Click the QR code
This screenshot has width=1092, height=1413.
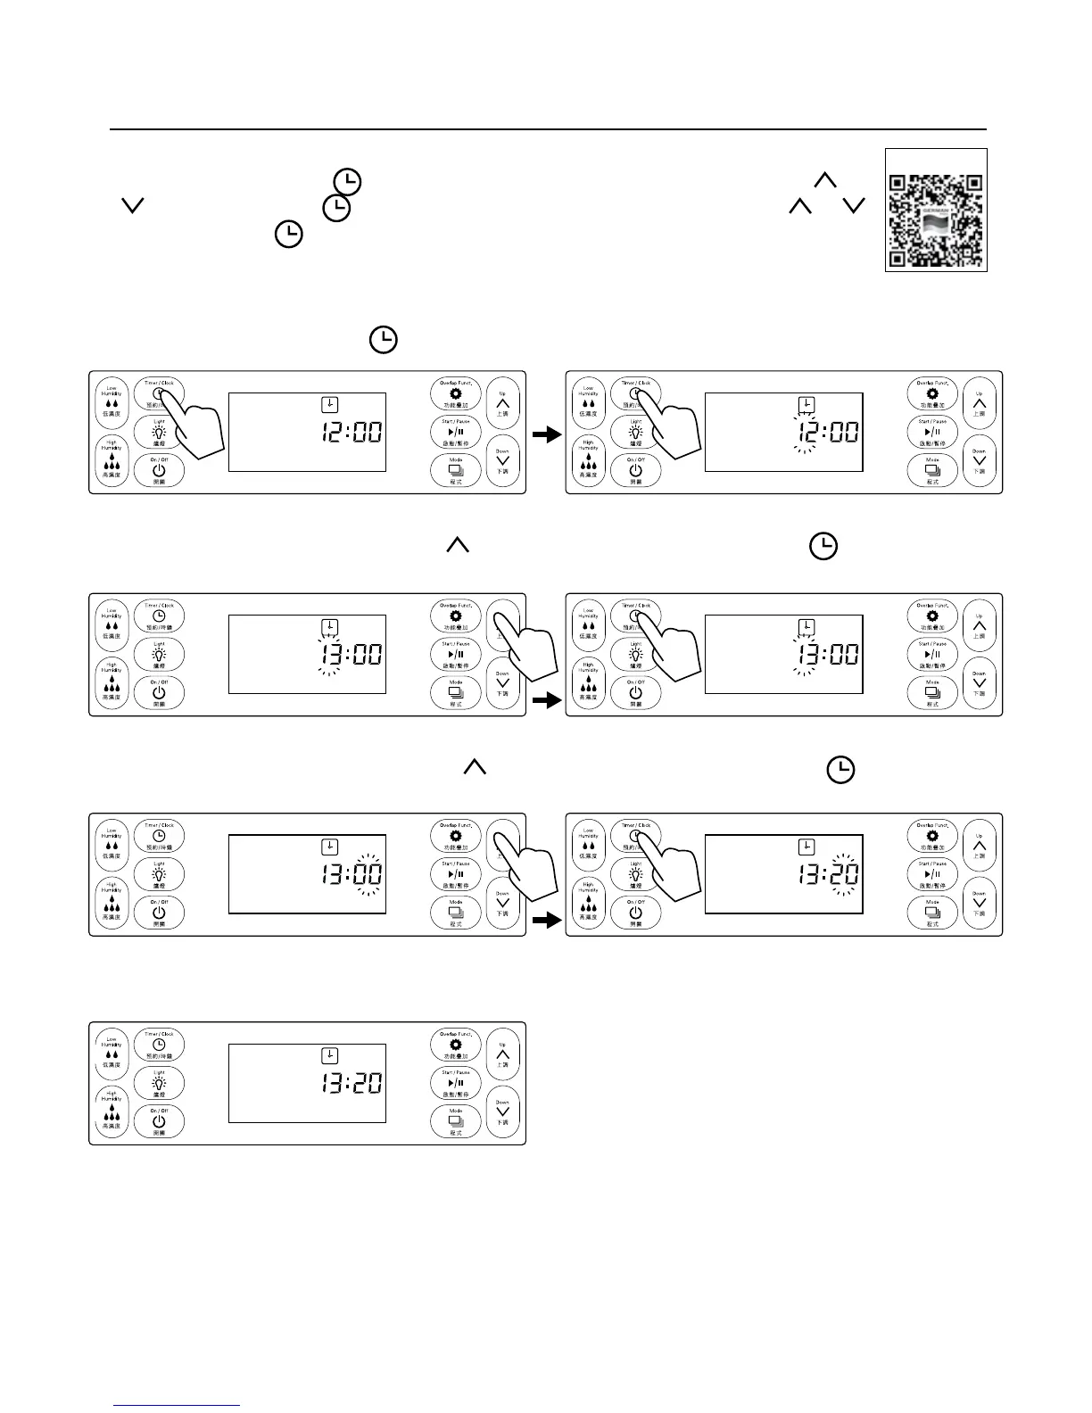(x=936, y=210)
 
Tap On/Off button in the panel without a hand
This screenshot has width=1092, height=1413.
(x=159, y=1121)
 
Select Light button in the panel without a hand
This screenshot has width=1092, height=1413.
(x=159, y=1083)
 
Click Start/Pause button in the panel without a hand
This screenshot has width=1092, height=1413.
(x=456, y=1083)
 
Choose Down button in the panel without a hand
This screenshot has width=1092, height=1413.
(x=502, y=1111)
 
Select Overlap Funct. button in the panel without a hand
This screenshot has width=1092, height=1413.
(x=456, y=1044)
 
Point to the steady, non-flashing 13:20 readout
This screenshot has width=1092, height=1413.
(x=352, y=1084)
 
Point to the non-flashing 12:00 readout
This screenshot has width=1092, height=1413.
(x=352, y=434)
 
